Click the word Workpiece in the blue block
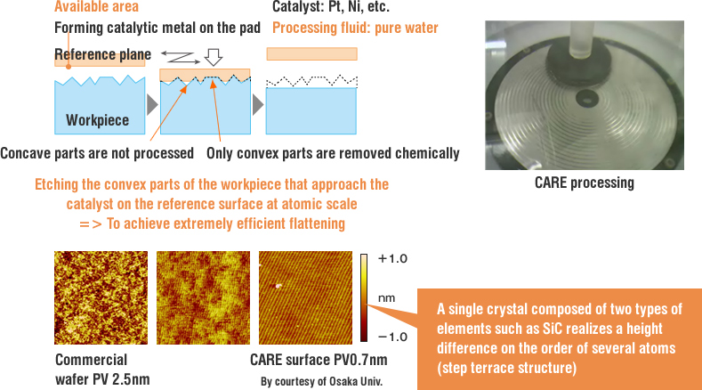coord(98,120)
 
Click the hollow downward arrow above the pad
coord(214,57)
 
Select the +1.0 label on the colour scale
coord(392,258)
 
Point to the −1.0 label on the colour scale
coord(392,337)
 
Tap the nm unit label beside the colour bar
coord(386,298)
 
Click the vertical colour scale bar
coord(364,298)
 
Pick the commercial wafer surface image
coord(101,297)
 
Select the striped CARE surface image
coord(305,297)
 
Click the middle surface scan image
coord(203,297)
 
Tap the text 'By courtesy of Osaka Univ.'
coord(321,381)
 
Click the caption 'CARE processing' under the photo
coord(585,183)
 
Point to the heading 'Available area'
coord(96,6)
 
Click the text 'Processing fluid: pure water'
coord(355,28)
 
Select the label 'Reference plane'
coord(102,54)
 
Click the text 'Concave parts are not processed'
coord(97,153)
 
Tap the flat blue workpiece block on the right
coord(311,110)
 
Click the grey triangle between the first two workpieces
coord(152,105)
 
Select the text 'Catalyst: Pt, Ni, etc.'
coord(331,7)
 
